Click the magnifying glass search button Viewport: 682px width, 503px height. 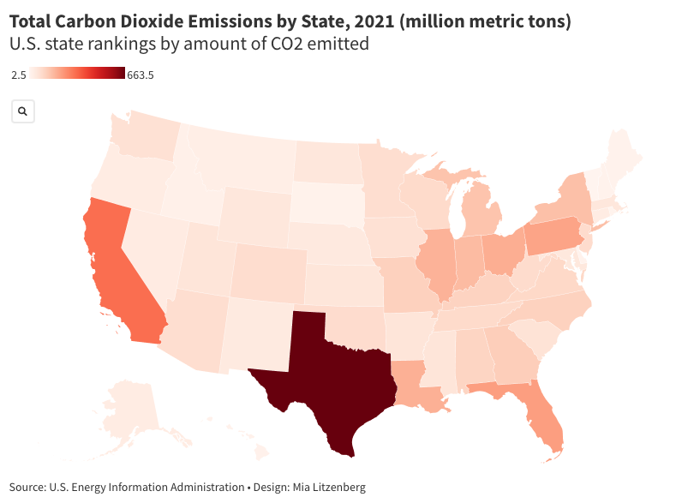[x=22, y=111]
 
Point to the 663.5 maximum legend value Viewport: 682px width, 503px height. [x=140, y=75]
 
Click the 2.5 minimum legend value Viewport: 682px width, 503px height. [x=18, y=75]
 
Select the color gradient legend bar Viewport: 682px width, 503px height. [x=76, y=75]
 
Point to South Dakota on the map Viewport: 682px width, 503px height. [x=326, y=201]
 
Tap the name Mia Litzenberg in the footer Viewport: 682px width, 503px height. [x=329, y=487]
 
